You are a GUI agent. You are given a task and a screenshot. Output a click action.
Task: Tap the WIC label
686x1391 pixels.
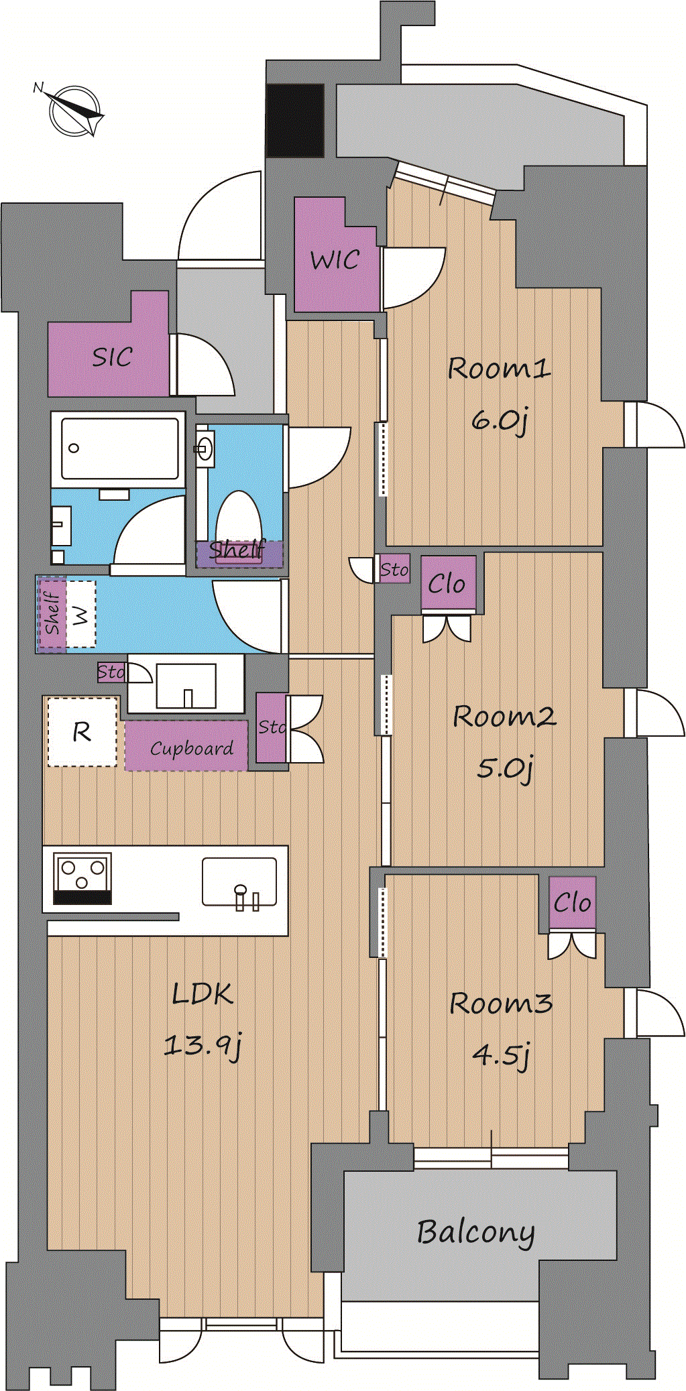pos(335,259)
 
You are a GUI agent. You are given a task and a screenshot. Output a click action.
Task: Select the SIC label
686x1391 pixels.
pos(112,357)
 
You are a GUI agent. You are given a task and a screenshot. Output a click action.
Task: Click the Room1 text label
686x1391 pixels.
pos(499,368)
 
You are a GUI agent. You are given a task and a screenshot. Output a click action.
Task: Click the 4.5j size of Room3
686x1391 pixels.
pos(501,1054)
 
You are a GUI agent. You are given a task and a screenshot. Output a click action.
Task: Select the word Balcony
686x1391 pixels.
pos(475,1232)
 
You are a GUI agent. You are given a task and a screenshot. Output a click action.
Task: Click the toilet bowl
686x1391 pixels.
pos(239,520)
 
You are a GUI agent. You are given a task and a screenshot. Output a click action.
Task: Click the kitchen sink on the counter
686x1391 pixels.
pos(239,882)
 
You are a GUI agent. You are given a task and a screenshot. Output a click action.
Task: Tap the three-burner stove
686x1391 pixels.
pos(82,879)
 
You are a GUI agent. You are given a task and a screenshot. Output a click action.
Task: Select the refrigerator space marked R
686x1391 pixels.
pos(82,732)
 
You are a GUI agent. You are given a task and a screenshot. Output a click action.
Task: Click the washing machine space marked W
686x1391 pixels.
pos(80,614)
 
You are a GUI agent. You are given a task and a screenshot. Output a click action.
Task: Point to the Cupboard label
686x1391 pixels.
pos(192,748)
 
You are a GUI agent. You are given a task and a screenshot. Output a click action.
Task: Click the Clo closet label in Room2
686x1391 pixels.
pos(447,584)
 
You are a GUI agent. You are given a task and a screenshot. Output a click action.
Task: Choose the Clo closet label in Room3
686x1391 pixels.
pos(572,903)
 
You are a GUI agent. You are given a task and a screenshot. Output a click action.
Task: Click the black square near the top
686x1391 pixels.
pos(295,121)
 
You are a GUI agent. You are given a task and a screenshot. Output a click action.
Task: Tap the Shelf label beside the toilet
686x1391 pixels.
pos(237,550)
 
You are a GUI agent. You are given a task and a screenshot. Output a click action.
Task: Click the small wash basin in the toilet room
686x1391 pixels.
pos(205,447)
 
